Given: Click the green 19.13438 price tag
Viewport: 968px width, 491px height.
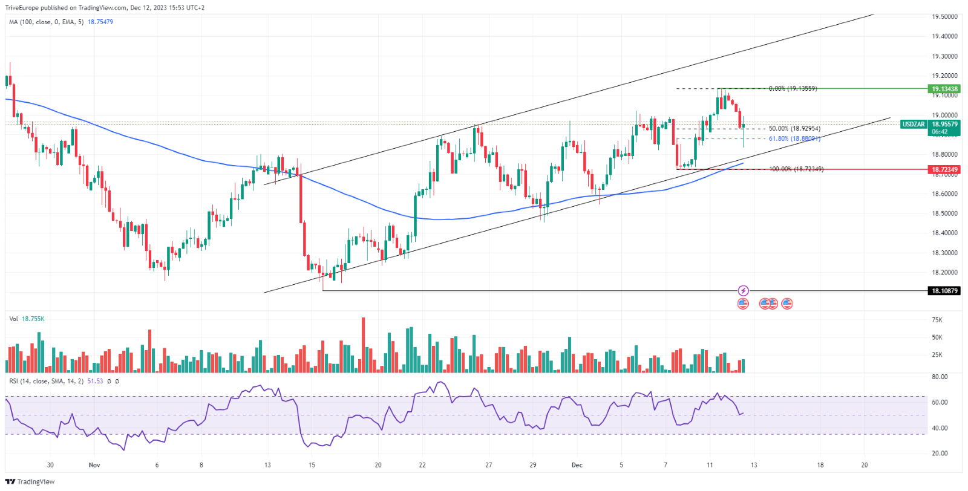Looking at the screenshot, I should pos(944,89).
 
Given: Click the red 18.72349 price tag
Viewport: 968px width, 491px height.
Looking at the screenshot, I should pos(944,169).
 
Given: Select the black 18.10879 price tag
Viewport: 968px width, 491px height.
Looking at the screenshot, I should pos(944,291).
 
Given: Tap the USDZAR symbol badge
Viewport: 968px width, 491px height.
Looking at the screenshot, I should pos(913,124).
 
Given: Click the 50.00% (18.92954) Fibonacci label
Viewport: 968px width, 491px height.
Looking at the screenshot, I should pos(794,129).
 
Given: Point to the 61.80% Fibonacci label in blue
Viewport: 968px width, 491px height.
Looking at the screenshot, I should pos(794,138).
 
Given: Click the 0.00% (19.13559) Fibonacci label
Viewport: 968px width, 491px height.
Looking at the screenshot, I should pos(793,88).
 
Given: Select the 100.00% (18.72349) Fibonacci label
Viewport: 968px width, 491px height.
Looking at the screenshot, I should pos(796,169).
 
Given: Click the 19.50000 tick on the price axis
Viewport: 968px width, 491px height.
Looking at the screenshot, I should pos(944,17).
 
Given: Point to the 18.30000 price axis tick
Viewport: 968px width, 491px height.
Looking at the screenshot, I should pos(944,253).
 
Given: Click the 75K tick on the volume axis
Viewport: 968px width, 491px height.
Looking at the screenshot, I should pos(937,320).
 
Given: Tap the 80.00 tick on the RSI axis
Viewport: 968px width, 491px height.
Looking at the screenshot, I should pos(940,377).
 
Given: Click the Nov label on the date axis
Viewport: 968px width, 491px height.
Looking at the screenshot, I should pos(94,465).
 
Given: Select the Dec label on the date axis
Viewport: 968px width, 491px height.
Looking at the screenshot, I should pos(577,465).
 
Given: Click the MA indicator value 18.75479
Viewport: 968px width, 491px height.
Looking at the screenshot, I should pos(100,22).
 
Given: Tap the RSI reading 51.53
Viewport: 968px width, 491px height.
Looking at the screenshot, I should pos(95,382).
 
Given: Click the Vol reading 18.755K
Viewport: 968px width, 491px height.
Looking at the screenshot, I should pos(33,319).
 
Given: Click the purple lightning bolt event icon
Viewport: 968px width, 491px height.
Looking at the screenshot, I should pos(744,291).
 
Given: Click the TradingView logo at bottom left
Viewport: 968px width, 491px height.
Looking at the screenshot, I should pos(30,481).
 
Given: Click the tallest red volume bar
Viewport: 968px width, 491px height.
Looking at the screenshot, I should pos(364,345).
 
